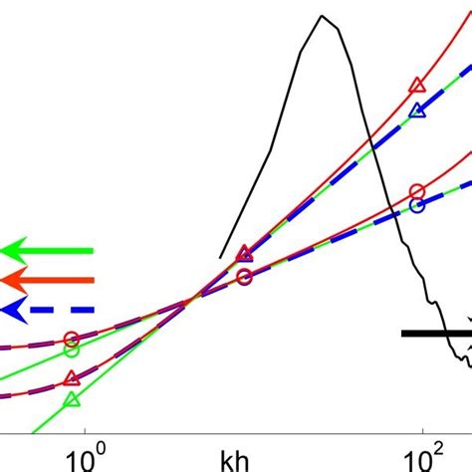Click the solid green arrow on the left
(x=45, y=250)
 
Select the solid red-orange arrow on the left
(x=45, y=280)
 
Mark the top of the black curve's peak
(x=322, y=16)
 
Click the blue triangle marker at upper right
(x=418, y=111)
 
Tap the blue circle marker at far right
(x=417, y=207)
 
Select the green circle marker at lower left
(x=71, y=350)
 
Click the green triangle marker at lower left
(x=71, y=400)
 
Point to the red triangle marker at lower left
(x=71, y=378)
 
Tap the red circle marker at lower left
(x=71, y=339)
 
